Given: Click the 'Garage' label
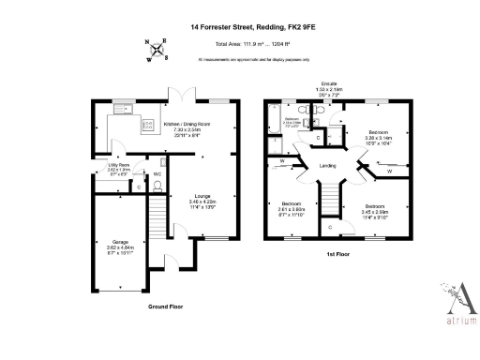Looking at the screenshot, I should click(x=121, y=246).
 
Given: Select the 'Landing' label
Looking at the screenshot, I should click(x=328, y=166).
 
